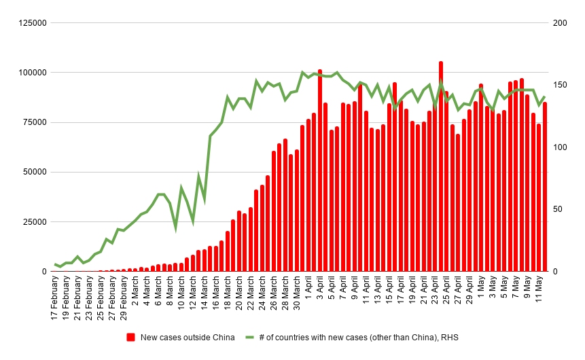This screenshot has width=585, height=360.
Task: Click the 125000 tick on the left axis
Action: [x=32, y=23]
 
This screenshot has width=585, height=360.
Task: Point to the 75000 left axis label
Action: [x=34, y=122]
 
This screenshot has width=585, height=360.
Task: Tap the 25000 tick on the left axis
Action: [x=34, y=222]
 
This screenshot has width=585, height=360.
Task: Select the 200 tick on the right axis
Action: [x=559, y=23]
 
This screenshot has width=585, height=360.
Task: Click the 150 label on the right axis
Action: [x=559, y=85]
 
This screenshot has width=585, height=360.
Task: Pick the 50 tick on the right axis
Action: [x=557, y=209]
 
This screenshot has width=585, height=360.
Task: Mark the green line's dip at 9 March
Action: [x=176, y=228]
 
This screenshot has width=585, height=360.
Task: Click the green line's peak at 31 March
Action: [x=302, y=72]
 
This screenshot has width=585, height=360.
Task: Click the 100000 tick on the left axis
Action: [x=32, y=73]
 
